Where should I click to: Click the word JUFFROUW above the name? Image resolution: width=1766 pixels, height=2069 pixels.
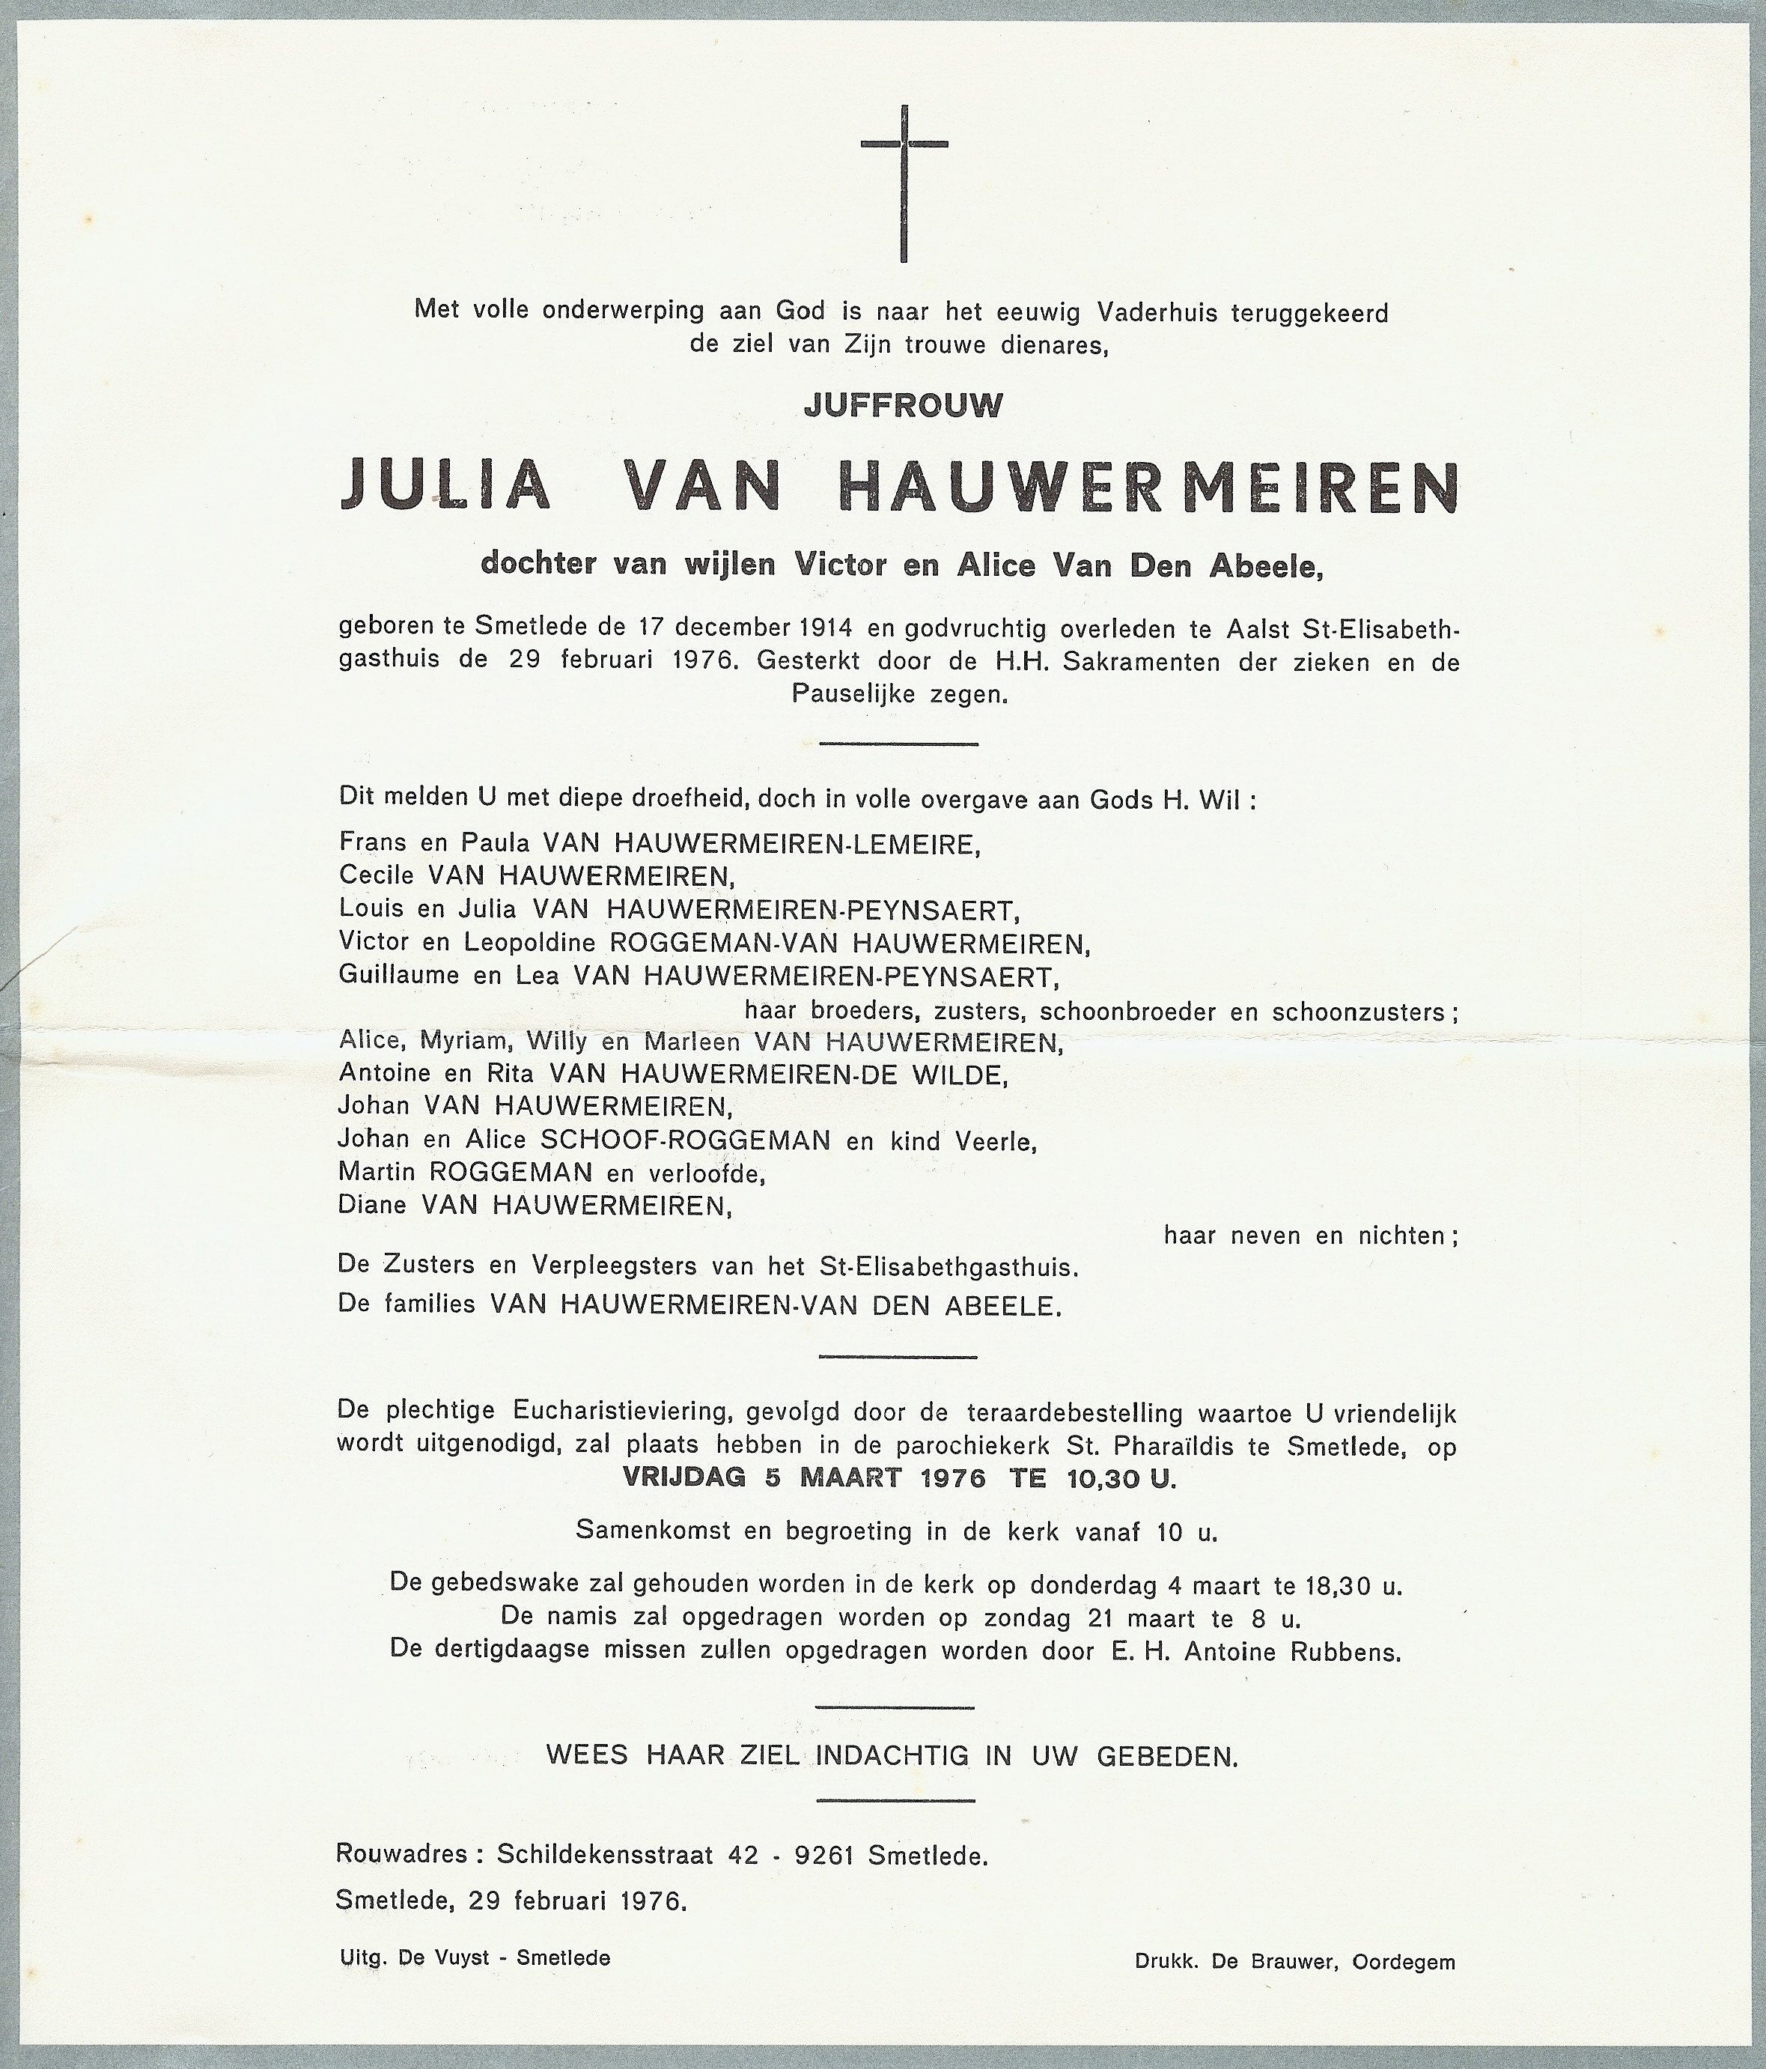pyautogui.click(x=903, y=405)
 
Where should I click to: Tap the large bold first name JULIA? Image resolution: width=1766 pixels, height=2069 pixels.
pyautogui.click(x=445, y=488)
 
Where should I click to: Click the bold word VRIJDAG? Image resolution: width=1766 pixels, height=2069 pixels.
pyautogui.click(x=683, y=1479)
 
